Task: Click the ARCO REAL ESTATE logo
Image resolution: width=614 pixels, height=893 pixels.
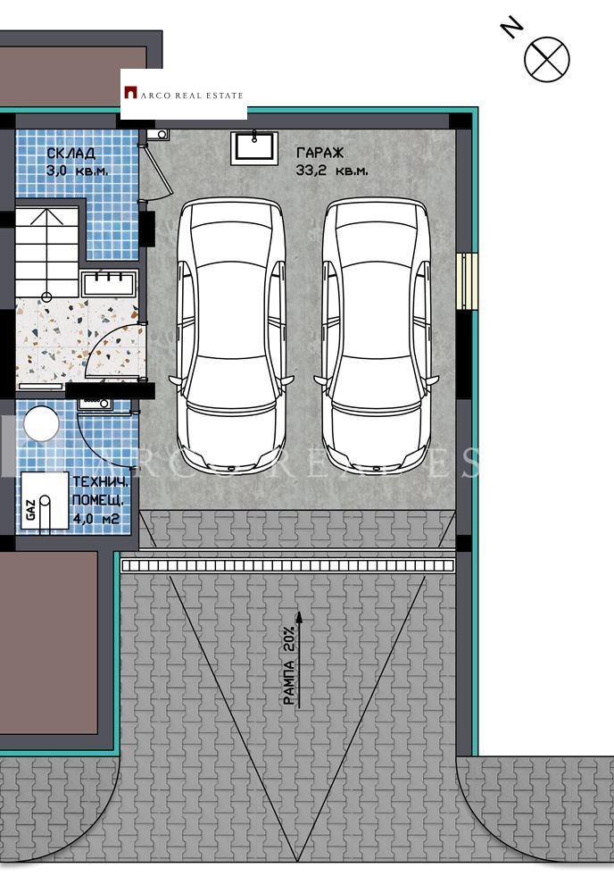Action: click(183, 94)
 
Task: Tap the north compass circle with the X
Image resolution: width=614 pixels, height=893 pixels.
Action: click(546, 58)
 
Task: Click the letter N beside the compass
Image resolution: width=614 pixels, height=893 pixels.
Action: click(511, 29)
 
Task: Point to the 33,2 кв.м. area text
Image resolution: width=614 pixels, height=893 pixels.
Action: click(331, 170)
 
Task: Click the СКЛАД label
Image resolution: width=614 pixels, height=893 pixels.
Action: click(71, 154)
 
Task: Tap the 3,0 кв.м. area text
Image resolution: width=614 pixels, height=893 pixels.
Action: click(78, 170)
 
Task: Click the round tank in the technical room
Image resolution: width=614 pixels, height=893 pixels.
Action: click(40, 423)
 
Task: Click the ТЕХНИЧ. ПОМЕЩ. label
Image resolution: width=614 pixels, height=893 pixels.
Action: click(100, 490)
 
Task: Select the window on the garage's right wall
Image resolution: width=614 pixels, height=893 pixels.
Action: click(468, 281)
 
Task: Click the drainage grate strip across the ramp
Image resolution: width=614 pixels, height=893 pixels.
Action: click(288, 565)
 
